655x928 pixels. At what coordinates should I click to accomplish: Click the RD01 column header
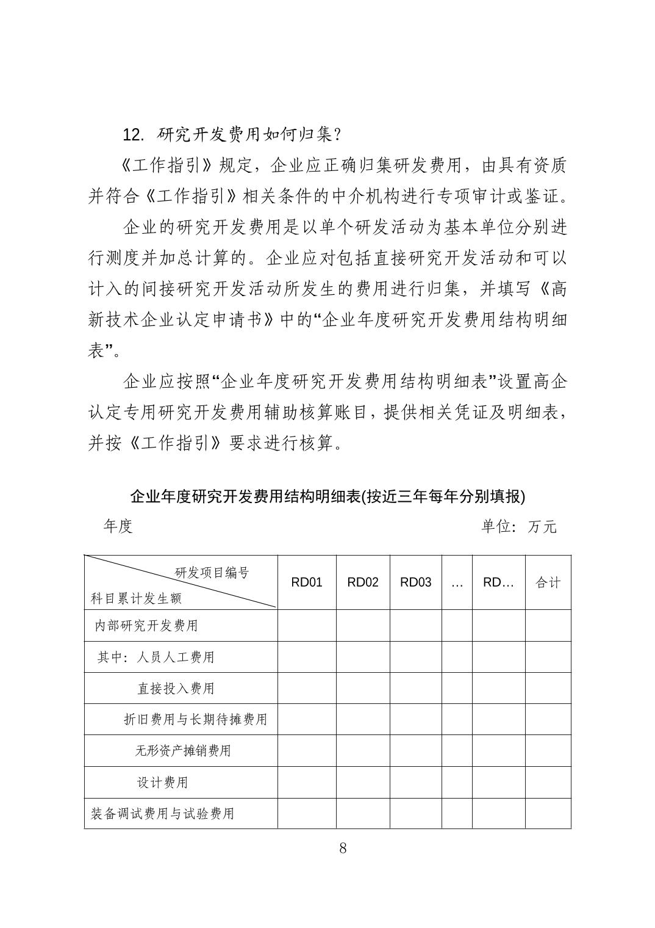[x=306, y=582]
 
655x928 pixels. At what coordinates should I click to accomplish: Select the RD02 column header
[x=363, y=582]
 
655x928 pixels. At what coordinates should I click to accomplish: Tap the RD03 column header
[x=415, y=582]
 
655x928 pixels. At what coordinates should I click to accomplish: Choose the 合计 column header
[x=548, y=582]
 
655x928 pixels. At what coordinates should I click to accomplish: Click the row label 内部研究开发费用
[x=146, y=626]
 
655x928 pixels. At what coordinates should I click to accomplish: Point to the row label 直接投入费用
[x=176, y=689]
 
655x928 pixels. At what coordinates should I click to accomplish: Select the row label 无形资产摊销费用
[x=183, y=751]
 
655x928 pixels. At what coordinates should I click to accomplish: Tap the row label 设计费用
[x=162, y=783]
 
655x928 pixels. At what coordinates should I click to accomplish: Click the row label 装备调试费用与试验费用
[x=162, y=814]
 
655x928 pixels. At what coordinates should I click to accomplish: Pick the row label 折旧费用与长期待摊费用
[x=195, y=720]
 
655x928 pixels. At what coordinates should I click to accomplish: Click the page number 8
[x=343, y=847]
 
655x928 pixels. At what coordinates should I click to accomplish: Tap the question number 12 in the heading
[x=132, y=134]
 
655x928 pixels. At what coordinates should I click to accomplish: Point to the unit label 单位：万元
[x=518, y=526]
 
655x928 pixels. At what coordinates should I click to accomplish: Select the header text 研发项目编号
[x=212, y=573]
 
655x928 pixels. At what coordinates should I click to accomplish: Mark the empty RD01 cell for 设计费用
[x=307, y=783]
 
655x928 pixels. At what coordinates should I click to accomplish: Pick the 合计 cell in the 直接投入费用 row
[x=548, y=689]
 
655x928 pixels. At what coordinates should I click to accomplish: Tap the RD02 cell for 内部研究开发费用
[x=363, y=626]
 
